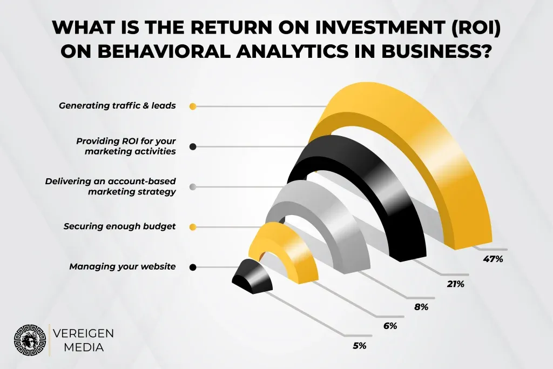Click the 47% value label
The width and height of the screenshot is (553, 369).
click(x=493, y=259)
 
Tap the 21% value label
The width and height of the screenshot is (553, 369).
click(x=455, y=284)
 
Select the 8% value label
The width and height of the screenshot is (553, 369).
click(x=421, y=307)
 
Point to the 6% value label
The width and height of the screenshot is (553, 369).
click(x=390, y=326)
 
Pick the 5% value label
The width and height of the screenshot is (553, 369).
click(x=359, y=346)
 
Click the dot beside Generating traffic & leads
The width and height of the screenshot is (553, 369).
click(x=193, y=106)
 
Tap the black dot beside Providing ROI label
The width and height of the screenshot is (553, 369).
click(x=193, y=146)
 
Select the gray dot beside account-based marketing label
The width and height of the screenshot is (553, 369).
click(x=193, y=187)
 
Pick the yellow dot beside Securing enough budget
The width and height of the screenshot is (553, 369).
click(x=193, y=227)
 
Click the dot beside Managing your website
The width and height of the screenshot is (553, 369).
click(x=193, y=267)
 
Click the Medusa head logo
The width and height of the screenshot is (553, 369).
click(x=30, y=340)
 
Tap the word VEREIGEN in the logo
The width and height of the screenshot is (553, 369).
click(x=83, y=333)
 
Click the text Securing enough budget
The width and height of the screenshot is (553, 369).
click(x=119, y=226)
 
